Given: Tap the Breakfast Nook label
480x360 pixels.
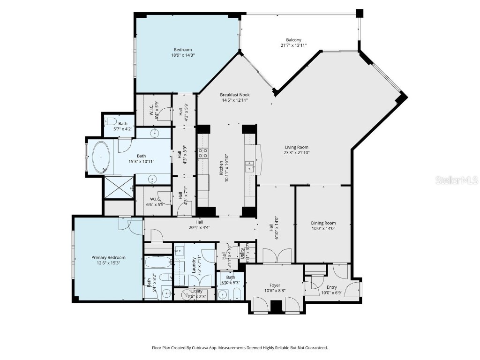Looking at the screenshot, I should (235, 95).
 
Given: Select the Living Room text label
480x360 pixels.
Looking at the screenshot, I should (297, 147).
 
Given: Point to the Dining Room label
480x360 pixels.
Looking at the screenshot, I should (323, 223).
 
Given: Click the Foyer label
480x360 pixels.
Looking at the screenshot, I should (274, 285).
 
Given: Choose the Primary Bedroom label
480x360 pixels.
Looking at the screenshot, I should (108, 257).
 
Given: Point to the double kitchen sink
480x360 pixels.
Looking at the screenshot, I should (249, 164).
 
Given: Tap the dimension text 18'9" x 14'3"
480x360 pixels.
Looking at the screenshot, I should (183, 55).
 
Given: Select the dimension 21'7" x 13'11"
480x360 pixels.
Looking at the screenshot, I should (293, 45).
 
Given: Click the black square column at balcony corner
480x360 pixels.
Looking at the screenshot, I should (360, 13).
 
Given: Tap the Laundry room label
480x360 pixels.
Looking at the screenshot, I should (193, 265).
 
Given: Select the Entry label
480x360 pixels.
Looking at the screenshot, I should (331, 287).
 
